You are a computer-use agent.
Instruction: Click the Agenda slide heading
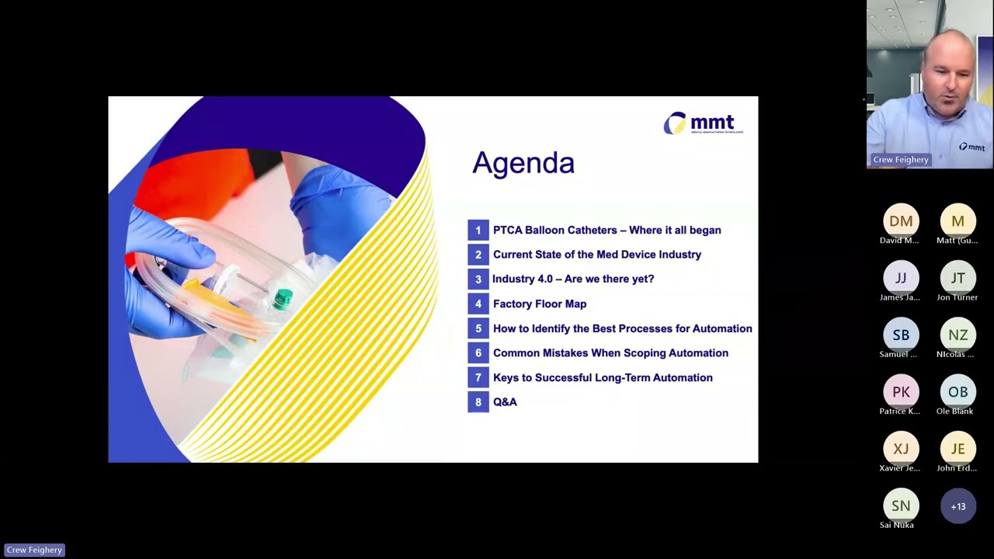(523, 163)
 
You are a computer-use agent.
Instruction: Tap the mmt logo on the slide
(703, 123)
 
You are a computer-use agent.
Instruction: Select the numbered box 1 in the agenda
(478, 230)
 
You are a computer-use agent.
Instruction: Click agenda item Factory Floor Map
(540, 304)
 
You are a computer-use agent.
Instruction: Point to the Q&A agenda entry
(505, 402)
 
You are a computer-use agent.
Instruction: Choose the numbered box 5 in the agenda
(478, 328)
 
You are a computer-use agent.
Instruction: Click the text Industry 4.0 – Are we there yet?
(573, 279)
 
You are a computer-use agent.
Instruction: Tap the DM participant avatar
(901, 221)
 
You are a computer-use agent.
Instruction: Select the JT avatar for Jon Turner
(958, 278)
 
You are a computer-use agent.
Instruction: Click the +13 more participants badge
(958, 506)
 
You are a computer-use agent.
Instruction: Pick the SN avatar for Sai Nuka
(901, 506)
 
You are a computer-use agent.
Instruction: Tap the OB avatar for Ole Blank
(958, 392)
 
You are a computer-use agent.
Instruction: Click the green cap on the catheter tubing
(283, 298)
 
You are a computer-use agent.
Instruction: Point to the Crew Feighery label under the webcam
(901, 160)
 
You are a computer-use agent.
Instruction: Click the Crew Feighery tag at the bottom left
(34, 550)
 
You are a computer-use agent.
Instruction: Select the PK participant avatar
(901, 392)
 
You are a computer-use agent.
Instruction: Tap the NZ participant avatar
(958, 335)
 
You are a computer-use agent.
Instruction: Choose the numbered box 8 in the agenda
(478, 402)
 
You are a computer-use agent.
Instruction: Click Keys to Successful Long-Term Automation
(603, 377)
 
